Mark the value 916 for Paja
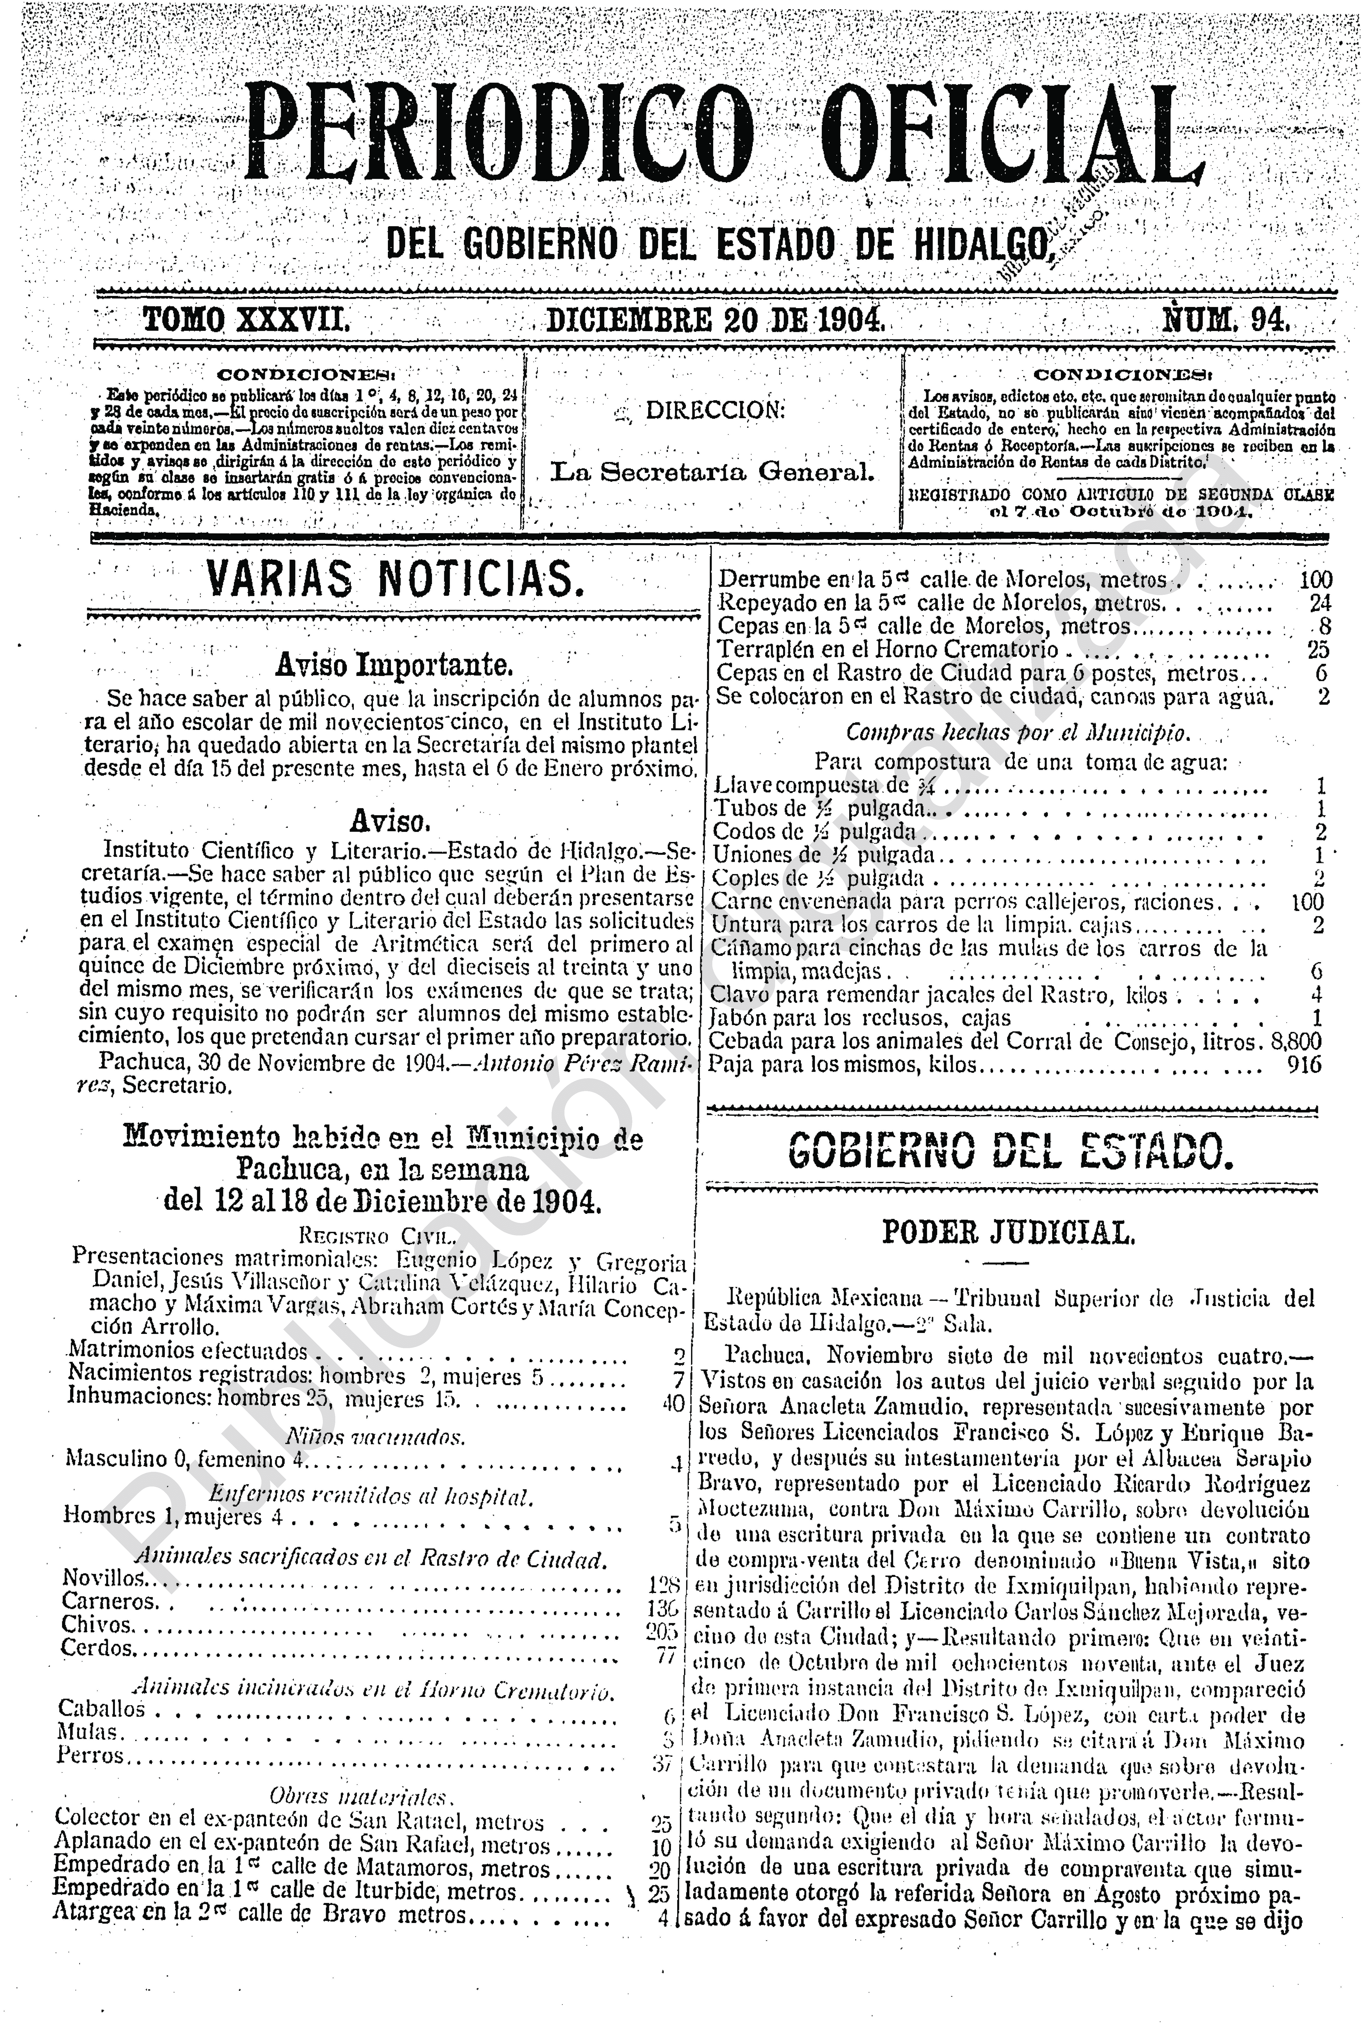point(1306,1065)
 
